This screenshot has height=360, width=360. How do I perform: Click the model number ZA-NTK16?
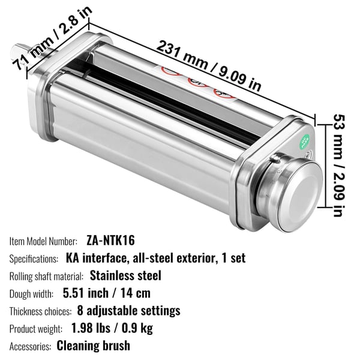click(x=110, y=241)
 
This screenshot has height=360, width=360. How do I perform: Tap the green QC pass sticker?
click(x=305, y=141)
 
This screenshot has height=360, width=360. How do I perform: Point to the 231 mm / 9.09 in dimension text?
click(x=209, y=65)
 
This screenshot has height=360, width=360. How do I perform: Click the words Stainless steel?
click(x=125, y=275)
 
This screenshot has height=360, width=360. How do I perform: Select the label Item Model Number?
click(x=43, y=242)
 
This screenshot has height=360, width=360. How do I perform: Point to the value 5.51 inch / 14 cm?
click(x=107, y=293)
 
